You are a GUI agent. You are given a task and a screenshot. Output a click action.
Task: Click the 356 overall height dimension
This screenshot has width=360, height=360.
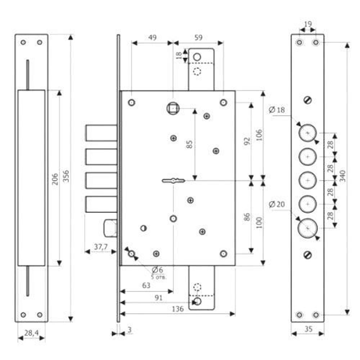click(x=66, y=176)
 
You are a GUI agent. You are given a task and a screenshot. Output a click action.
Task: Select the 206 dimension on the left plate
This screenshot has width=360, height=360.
click(x=55, y=179)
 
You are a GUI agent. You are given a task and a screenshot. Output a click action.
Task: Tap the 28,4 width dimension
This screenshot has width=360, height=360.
click(x=31, y=333)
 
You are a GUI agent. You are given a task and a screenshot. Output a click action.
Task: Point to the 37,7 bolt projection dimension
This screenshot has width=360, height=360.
click(x=101, y=247)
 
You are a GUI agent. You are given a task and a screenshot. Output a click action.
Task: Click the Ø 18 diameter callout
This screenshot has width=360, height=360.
click(x=276, y=110)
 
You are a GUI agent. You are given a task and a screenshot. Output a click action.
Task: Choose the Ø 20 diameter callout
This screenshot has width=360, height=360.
click(x=276, y=204)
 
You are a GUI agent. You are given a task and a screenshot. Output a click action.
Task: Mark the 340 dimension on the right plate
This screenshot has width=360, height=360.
click(x=343, y=176)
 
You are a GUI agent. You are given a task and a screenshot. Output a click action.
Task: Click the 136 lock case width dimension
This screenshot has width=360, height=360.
click(x=178, y=309)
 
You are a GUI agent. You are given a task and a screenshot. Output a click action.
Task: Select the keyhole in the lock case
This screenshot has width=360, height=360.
click(x=174, y=181)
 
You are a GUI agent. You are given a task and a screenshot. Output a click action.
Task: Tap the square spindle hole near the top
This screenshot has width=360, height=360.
click(x=173, y=108)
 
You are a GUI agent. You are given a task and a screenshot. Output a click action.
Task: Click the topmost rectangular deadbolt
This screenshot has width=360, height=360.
click(x=101, y=133)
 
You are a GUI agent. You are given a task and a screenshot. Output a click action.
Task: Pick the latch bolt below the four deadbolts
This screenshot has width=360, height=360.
click(x=111, y=228)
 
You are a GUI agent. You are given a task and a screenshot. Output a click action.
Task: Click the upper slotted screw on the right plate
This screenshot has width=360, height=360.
click(x=307, y=100)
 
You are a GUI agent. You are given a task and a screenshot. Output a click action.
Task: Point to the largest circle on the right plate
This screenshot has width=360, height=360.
click(x=308, y=228)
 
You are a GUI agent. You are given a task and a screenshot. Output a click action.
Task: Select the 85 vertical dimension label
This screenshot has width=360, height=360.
click(x=189, y=144)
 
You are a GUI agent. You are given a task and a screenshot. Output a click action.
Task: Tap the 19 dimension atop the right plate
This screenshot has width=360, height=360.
click(x=308, y=24)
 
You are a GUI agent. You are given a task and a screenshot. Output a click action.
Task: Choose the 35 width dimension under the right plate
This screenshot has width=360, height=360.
click(x=309, y=329)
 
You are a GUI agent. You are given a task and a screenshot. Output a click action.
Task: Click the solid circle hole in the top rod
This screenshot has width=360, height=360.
click(x=197, y=57)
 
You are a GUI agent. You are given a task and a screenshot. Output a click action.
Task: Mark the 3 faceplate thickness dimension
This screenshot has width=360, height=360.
click(x=130, y=330)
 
